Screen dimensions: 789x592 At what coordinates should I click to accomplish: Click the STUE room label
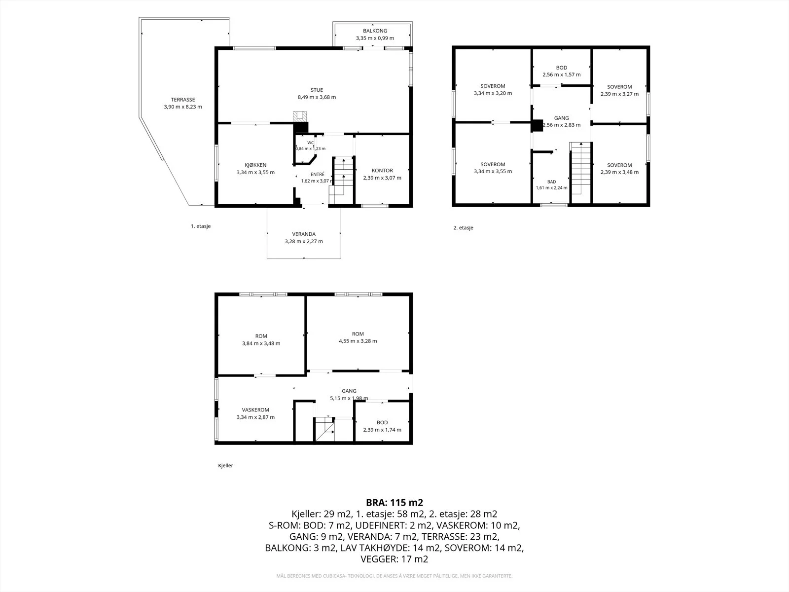coord(317,90)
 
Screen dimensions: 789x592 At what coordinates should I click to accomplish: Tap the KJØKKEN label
coord(255,165)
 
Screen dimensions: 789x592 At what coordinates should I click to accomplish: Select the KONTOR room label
coord(382,170)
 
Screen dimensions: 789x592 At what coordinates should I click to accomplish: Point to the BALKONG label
coord(375,31)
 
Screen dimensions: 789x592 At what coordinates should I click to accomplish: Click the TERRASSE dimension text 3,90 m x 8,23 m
coord(183,107)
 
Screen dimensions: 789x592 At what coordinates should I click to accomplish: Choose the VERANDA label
coord(304,234)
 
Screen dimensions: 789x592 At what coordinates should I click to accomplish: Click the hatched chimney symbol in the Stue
coord(300,116)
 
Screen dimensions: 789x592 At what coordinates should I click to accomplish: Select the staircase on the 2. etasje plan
coord(580,168)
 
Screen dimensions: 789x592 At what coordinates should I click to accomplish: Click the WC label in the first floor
coord(311,143)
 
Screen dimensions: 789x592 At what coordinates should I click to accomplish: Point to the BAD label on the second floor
coord(551,182)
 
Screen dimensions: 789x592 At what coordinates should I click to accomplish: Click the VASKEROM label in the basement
coord(255,410)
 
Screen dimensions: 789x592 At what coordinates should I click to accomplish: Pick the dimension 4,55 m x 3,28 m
coord(358,341)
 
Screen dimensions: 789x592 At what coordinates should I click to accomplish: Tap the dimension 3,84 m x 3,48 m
coord(261,343)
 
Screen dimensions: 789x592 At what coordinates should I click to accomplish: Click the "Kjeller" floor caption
coord(225,466)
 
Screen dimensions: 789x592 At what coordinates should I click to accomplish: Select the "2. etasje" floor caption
coord(463,227)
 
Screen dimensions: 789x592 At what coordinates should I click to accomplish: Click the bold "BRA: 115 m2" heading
coord(394,503)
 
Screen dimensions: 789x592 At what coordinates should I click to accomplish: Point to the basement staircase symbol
coord(325,429)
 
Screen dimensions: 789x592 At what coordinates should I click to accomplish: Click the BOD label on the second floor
coord(562,68)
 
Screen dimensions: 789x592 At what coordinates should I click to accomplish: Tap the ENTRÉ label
coord(318,174)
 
